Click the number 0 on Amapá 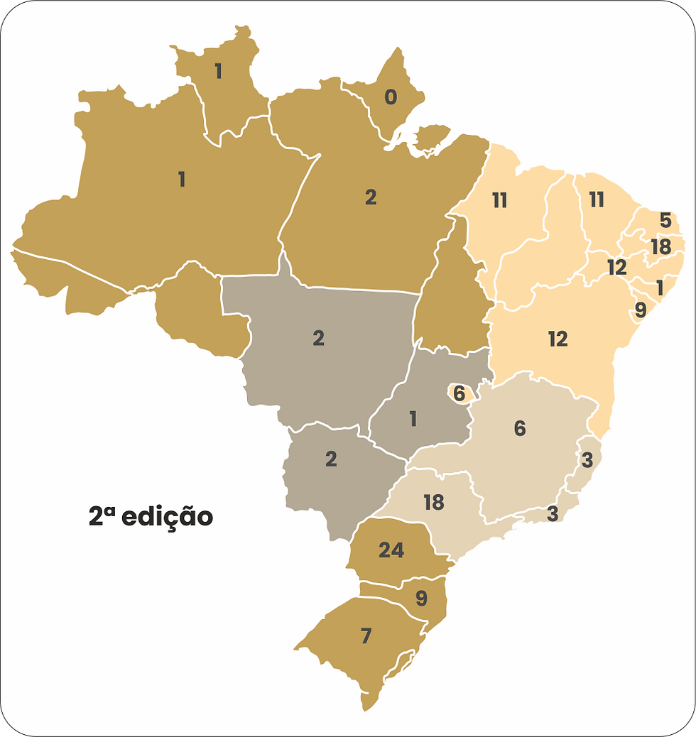tap(391, 97)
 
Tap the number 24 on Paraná tap(392, 550)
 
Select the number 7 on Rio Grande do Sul tap(366, 636)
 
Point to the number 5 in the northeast tap(665, 220)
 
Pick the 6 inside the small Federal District tap(459, 393)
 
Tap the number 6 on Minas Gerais tap(520, 429)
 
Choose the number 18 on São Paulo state tap(433, 503)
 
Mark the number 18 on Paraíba tap(660, 246)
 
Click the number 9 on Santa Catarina tap(421, 599)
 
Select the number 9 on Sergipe tap(641, 310)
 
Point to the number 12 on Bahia tap(558, 339)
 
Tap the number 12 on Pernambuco tap(616, 268)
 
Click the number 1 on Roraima tap(218, 71)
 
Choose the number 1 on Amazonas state tap(182, 180)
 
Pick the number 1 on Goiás tap(413, 419)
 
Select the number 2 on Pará tap(370, 198)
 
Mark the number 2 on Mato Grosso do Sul tap(331, 459)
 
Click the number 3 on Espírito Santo tap(587, 459)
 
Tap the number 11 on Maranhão tap(499, 201)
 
